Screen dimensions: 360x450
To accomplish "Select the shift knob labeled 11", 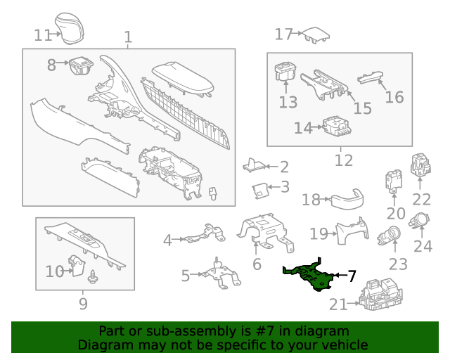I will (71, 26).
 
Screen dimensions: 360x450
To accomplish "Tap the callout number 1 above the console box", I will (128, 37).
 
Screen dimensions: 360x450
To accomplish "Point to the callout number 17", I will (283, 34).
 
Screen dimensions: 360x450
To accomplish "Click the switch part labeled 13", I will (285, 72).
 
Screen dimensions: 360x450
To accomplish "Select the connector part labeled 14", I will (337, 127).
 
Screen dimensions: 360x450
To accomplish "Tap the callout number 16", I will (394, 97).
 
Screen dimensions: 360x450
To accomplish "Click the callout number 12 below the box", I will (343, 161).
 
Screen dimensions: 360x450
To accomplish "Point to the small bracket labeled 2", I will (255, 165).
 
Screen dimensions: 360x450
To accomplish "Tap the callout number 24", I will (423, 246).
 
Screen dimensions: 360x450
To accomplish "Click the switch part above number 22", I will (420, 166).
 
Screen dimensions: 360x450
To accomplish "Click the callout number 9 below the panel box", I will (83, 304).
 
